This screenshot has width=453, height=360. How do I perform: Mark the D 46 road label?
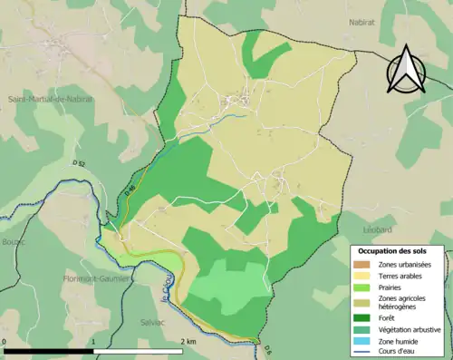point(129,189)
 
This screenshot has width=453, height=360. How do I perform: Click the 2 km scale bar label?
point(188,341)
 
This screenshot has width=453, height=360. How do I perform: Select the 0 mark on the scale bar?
point(5,341)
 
